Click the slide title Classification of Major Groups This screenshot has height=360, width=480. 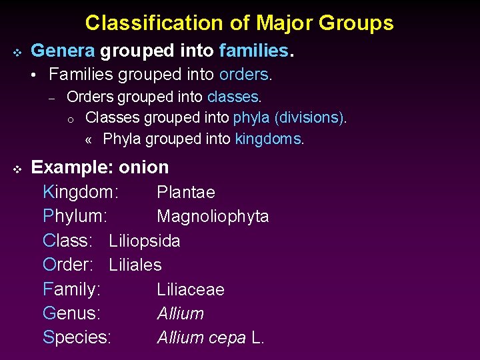239,23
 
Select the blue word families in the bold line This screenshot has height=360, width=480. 254,50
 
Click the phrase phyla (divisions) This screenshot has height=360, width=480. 289,118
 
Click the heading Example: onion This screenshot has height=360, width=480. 100,167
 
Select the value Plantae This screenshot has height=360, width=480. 186,193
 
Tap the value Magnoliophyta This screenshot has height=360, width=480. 213,217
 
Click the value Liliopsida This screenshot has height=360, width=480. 145,241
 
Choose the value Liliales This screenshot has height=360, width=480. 135,265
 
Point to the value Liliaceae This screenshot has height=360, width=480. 191,289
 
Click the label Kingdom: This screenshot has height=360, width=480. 81,193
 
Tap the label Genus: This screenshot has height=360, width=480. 71,313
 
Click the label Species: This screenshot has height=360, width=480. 77,337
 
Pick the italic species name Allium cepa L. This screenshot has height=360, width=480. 211,337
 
